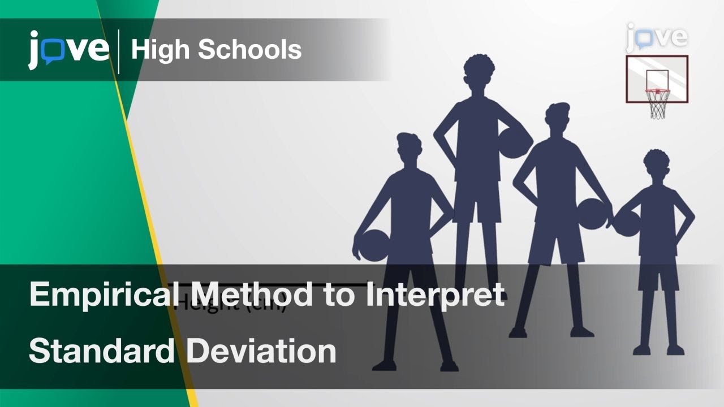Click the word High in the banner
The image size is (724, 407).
(160, 50)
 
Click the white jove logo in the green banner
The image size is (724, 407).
(68, 50)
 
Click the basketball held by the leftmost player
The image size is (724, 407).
(373, 245)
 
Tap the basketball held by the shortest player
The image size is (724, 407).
(626, 222)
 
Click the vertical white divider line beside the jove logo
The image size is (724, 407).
(119, 51)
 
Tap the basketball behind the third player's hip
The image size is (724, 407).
(592, 214)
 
